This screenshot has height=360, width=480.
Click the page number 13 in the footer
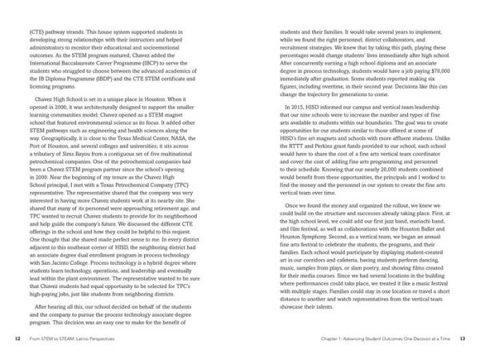coord(462,338)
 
